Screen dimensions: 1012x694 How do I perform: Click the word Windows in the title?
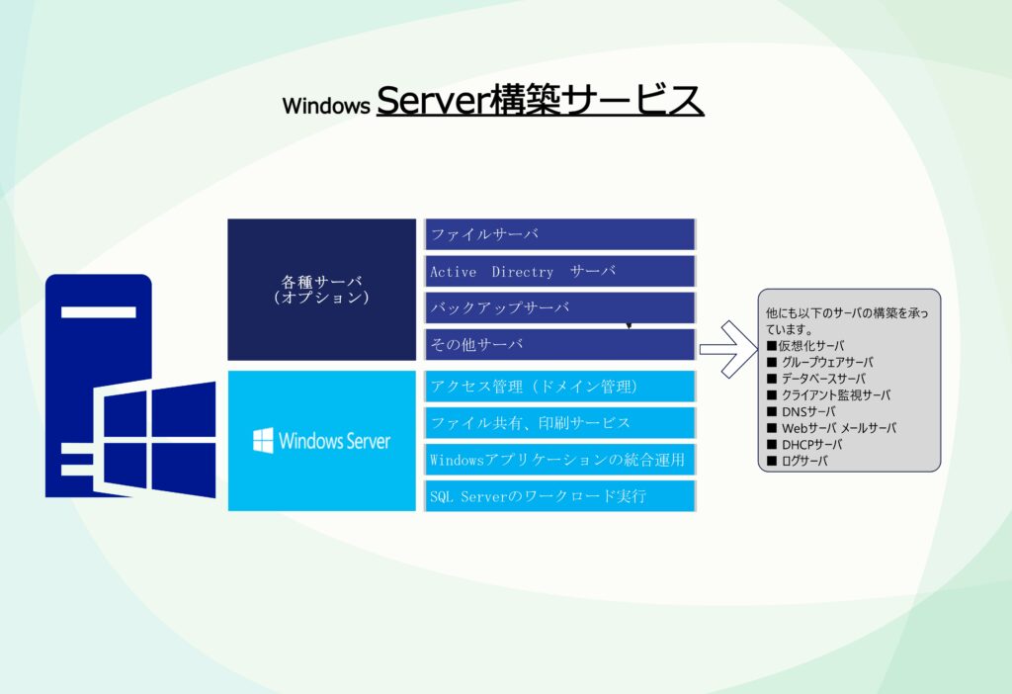pyautogui.click(x=326, y=105)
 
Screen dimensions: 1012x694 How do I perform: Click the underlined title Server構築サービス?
pyautogui.click(x=541, y=100)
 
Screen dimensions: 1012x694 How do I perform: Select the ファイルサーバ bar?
pyautogui.click(x=559, y=234)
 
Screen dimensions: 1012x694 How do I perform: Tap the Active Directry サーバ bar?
pyautogui.click(x=559, y=271)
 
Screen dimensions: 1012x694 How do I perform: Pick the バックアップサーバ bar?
pyautogui.click(x=559, y=307)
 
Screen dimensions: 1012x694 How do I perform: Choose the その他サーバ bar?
pyautogui.click(x=559, y=344)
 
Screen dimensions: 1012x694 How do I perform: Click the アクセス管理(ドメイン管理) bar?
pyautogui.click(x=559, y=387)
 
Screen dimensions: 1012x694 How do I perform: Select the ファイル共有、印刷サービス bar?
pyautogui.click(x=559, y=423)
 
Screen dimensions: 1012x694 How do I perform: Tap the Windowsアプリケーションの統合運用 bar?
pyautogui.click(x=559, y=459)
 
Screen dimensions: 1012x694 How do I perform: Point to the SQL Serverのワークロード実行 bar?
pyautogui.click(x=559, y=496)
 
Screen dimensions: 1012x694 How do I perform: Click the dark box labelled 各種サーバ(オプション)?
pyautogui.click(x=321, y=290)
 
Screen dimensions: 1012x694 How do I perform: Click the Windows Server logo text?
pyautogui.click(x=334, y=441)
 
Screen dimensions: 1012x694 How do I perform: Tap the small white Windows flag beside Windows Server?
pyautogui.click(x=263, y=440)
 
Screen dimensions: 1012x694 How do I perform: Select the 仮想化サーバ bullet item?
pyautogui.click(x=805, y=345)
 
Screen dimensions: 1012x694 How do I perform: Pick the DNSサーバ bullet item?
pyautogui.click(x=801, y=411)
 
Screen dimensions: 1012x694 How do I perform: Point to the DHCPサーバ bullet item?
pyautogui.click(x=804, y=444)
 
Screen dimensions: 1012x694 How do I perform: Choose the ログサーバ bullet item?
pyautogui.click(x=798, y=461)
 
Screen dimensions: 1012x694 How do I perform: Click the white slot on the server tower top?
pyautogui.click(x=98, y=312)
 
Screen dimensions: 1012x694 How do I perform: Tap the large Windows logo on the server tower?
pyautogui.click(x=154, y=439)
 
